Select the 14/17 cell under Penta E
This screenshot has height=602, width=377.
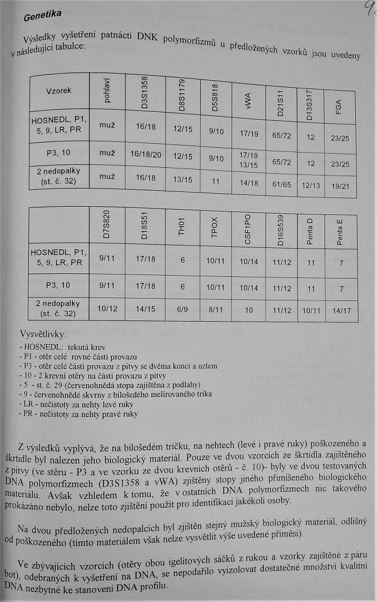click(339, 310)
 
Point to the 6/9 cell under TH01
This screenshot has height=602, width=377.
click(180, 309)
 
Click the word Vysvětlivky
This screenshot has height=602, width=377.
click(44, 334)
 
